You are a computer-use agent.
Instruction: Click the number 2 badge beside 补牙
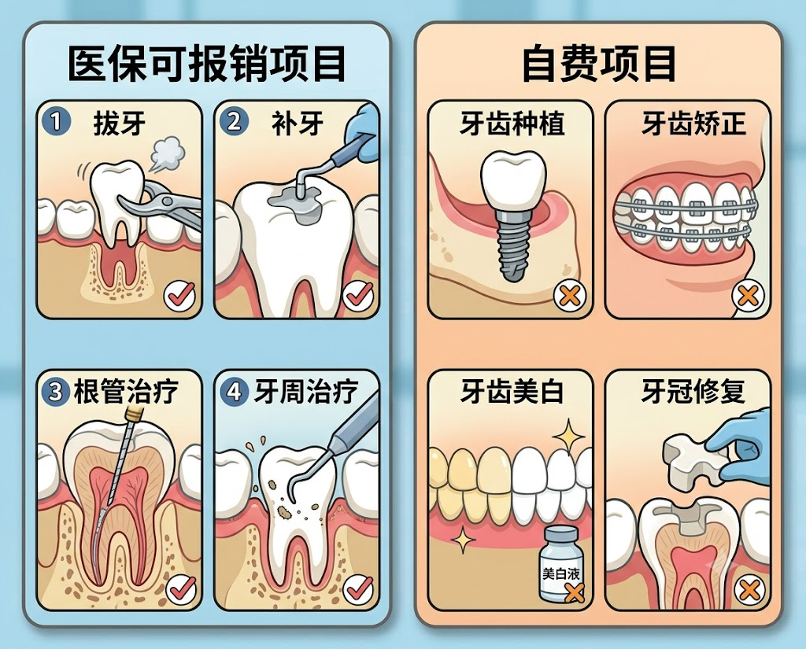(x=234, y=123)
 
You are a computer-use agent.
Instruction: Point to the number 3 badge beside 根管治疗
(x=56, y=393)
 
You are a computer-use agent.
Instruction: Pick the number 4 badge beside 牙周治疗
(x=234, y=393)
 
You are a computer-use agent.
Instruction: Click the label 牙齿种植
(x=512, y=124)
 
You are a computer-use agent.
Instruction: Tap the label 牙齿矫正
(x=694, y=124)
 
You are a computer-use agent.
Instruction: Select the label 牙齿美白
(x=512, y=391)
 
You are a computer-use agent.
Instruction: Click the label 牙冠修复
(x=693, y=391)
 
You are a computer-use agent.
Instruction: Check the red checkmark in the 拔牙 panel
(x=180, y=296)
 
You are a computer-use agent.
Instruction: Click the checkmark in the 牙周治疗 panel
(x=358, y=589)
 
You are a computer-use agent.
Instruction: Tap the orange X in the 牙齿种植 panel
(x=570, y=296)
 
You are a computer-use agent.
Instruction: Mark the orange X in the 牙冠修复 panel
(x=749, y=590)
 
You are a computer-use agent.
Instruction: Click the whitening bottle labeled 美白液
(x=560, y=564)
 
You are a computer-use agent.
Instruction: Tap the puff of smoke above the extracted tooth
(x=168, y=152)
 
